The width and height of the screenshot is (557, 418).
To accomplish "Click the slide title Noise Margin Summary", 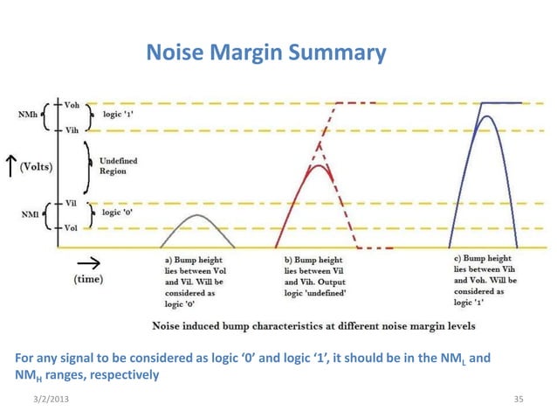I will pos(265,54).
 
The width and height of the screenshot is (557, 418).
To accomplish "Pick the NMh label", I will pos(27,115).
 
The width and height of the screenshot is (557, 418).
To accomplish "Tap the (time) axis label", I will pos(87,279).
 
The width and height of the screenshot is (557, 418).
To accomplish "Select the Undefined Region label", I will pos(118,166).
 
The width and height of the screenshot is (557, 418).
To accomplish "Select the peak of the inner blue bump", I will pos(486,117).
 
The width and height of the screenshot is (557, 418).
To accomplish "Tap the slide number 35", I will pos(519,399).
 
